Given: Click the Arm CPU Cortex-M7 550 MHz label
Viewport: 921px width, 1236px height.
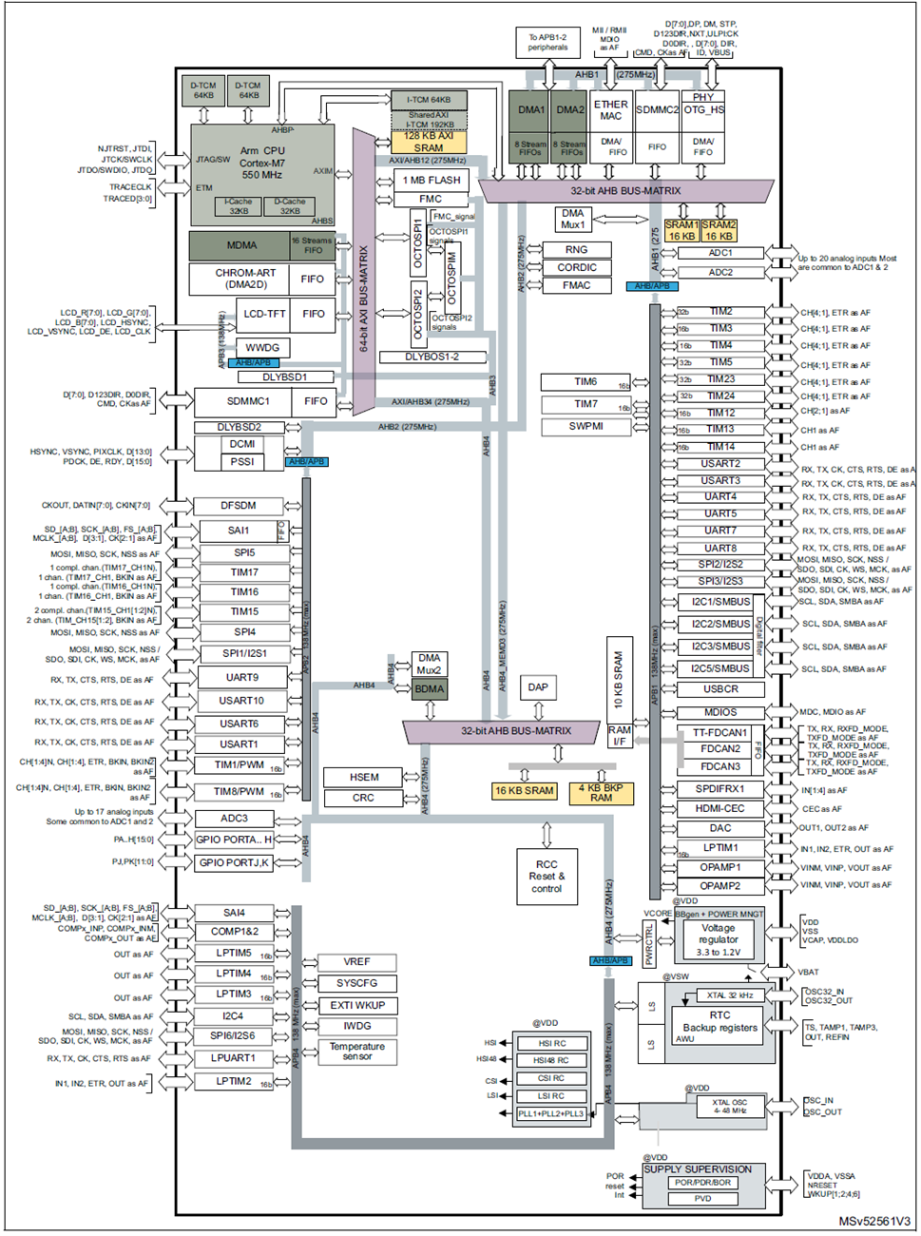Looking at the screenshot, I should click(x=261, y=163).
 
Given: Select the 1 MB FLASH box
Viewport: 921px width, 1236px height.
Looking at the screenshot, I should click(x=431, y=180).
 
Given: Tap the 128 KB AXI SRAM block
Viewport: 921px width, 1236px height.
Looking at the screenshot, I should click(x=428, y=142).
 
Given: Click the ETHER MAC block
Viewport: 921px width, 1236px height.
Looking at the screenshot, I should click(x=610, y=110).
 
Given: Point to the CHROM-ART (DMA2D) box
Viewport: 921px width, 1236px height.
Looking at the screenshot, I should click(x=245, y=279).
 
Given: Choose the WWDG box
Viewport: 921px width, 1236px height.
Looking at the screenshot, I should click(x=262, y=347).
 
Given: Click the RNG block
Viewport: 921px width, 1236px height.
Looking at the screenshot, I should click(x=576, y=249).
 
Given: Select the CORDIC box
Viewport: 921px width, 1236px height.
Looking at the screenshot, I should click(x=576, y=267).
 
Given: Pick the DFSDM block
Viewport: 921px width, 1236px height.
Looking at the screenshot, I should click(x=238, y=506).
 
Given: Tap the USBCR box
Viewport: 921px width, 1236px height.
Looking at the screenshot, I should click(x=720, y=689).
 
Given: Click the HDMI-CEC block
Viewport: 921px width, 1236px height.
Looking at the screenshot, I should click(x=720, y=808).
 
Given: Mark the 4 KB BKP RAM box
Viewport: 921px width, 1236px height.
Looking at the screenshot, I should click(x=601, y=793).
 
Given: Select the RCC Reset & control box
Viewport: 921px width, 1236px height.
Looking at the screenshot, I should click(x=547, y=877).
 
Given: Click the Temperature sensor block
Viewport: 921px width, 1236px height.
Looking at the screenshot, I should click(x=357, y=1051).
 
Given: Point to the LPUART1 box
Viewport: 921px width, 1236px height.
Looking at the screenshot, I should click(x=233, y=1057).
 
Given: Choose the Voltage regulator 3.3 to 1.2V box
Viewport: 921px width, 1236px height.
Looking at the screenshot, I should click(x=718, y=939).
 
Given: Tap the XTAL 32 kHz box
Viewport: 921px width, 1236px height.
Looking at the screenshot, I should click(x=729, y=995).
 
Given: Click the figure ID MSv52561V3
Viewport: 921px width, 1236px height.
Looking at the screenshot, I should click(x=874, y=1221).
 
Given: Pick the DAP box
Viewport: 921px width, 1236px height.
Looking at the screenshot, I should click(x=538, y=686).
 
